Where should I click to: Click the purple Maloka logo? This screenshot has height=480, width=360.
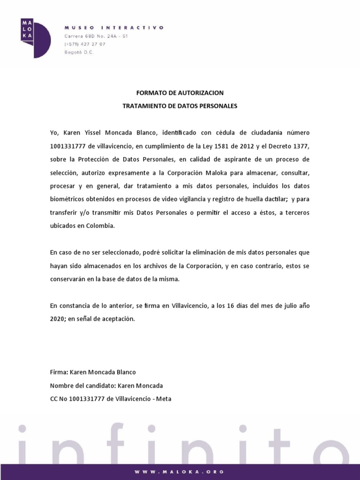coord(35,37)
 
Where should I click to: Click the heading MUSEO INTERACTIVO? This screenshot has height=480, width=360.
coord(114,28)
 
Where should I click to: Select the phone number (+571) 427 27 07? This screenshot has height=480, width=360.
coord(85,44)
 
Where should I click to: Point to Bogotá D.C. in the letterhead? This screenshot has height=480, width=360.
coord(79,52)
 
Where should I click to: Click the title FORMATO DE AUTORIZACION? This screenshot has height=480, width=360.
coord(180,93)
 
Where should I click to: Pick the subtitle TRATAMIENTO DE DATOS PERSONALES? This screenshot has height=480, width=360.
coord(180,106)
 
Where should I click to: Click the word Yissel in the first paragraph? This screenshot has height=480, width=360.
coord(94,133)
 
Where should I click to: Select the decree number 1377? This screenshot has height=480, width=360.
coord(300,146)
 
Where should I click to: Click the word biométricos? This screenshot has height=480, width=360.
coord(67,199)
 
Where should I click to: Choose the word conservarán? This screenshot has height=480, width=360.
coord(68,279)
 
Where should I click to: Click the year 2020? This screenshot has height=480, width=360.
coord(58,319)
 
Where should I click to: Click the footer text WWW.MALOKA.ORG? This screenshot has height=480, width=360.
coord(180,472)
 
